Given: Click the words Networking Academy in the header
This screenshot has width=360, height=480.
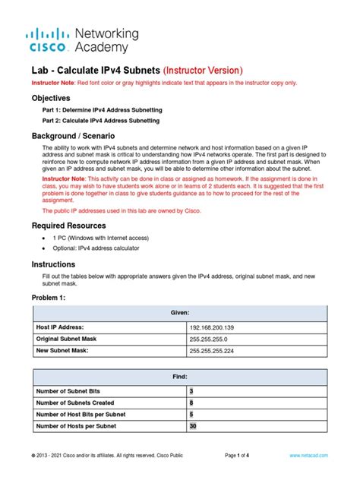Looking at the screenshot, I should tap(106, 40).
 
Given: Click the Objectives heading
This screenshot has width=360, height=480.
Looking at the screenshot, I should tap(50, 99).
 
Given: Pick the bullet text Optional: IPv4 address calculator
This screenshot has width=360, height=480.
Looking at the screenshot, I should tap(96, 248).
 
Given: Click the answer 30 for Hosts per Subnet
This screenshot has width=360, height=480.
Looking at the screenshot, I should tap(192, 426).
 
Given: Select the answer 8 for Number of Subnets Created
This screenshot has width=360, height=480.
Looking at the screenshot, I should tap(191, 403).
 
